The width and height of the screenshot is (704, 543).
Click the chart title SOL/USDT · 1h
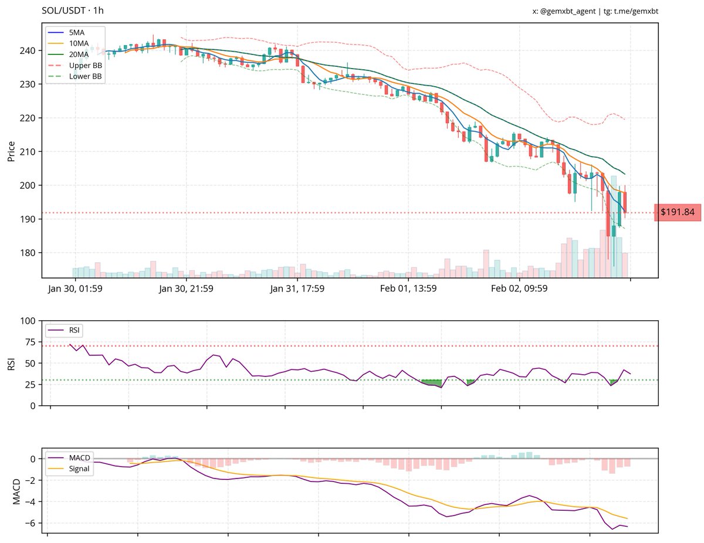pyautogui.click(x=73, y=11)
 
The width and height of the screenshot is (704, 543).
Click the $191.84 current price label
pyautogui.click(x=677, y=212)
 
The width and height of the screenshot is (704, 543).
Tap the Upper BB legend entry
pyautogui.click(x=86, y=65)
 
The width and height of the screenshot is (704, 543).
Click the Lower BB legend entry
pyautogui.click(x=86, y=76)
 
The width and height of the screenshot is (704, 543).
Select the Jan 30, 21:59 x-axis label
pyautogui.click(x=186, y=289)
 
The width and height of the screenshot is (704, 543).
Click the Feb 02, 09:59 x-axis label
pyautogui.click(x=519, y=289)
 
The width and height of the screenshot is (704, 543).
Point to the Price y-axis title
pyautogui.click(x=11, y=151)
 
